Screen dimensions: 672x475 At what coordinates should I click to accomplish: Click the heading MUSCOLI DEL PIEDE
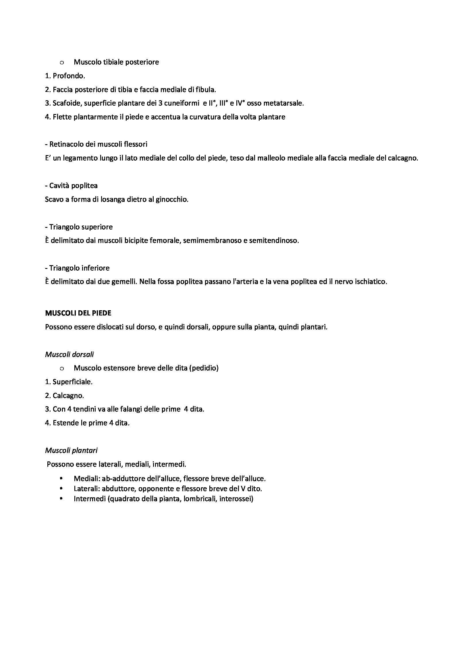[x=78, y=313]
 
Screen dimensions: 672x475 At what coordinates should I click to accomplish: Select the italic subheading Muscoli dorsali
[x=69, y=355]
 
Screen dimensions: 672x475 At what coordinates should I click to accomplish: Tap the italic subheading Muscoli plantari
[x=71, y=450]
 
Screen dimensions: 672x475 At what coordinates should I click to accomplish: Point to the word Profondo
[x=69, y=76]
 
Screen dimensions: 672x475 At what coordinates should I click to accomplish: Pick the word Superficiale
[x=73, y=382]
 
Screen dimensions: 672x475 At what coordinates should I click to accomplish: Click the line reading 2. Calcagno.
[x=65, y=396]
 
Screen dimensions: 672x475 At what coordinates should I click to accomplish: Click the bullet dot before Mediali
[x=61, y=479]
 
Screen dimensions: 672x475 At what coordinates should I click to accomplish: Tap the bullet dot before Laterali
[x=61, y=488]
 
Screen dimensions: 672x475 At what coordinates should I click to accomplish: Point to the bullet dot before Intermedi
[x=61, y=498]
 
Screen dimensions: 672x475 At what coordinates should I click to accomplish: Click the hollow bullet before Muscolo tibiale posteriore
[x=61, y=62]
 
